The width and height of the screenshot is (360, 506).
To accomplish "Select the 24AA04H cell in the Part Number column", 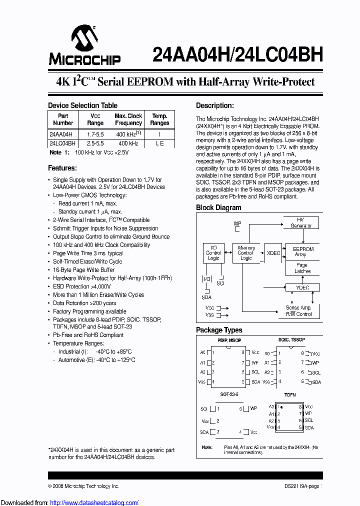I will (61, 134).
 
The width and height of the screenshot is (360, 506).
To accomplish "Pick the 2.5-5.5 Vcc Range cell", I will (95, 143).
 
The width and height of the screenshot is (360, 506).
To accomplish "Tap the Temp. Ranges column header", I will (159, 119).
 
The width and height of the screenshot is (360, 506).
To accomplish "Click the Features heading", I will (62, 168).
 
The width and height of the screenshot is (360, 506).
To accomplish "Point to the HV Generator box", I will (300, 222).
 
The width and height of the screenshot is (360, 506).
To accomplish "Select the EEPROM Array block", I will (303, 251).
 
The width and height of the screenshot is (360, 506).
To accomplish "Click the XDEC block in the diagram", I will (273, 253).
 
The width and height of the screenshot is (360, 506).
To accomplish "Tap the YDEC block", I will (302, 287).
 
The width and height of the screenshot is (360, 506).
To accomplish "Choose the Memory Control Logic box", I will (246, 253).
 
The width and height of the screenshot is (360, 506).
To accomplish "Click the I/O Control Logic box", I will (213, 253).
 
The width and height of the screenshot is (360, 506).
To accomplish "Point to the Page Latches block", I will (302, 268).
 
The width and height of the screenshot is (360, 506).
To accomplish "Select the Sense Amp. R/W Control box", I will (298, 310).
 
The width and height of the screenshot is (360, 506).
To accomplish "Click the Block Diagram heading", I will (218, 207).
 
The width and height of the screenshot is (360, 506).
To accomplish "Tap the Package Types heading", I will (219, 330).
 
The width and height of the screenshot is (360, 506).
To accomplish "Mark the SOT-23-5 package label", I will (229, 394).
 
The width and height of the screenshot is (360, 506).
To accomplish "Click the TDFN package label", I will (290, 394).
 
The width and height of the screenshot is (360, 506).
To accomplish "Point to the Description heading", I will (214, 105).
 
